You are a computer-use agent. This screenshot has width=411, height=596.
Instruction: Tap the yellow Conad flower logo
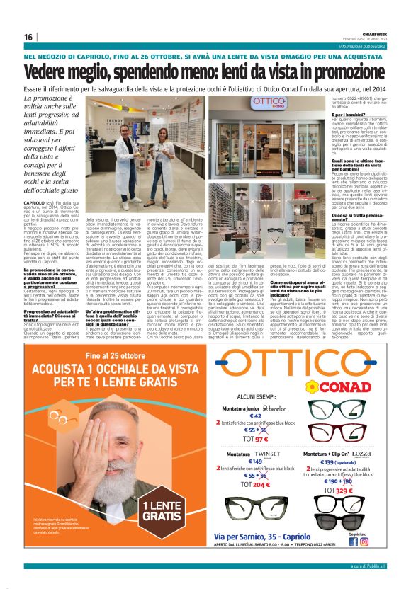[x=313, y=387]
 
